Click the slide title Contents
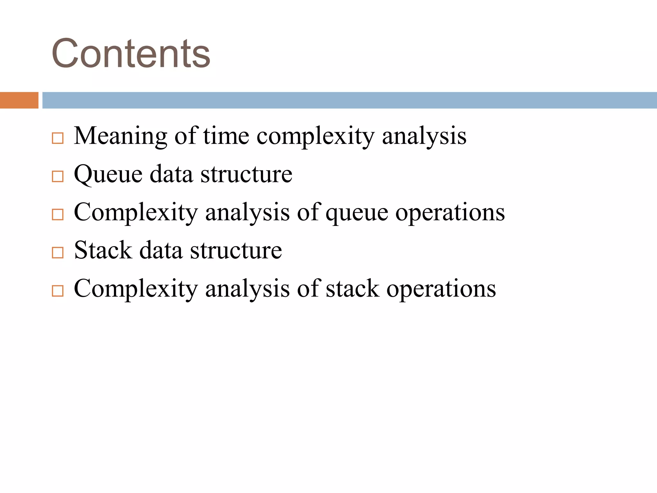click(x=131, y=53)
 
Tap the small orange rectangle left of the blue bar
click(x=19, y=100)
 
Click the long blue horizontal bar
click(x=349, y=100)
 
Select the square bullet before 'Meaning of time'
click(x=57, y=138)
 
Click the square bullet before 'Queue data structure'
click(x=57, y=177)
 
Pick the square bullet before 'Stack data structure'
click(x=57, y=253)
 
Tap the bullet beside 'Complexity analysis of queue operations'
click(x=57, y=214)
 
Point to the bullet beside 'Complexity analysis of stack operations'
click(x=57, y=291)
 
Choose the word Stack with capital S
click(x=103, y=251)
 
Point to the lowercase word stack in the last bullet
click(x=353, y=289)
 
